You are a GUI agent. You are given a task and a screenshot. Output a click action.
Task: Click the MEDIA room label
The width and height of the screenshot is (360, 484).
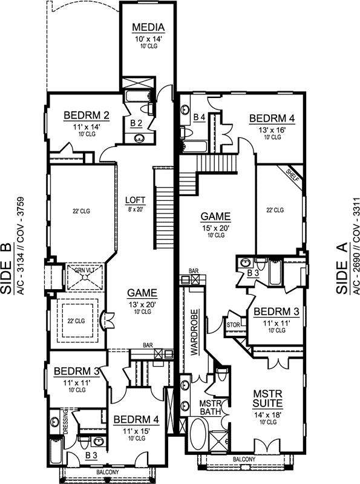[145, 27]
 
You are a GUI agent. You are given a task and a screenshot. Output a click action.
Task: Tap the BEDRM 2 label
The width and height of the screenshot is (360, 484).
[86, 116]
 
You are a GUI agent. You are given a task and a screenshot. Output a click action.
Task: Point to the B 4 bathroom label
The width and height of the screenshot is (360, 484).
[199, 116]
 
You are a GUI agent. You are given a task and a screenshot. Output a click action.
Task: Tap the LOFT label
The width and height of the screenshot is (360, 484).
[135, 200]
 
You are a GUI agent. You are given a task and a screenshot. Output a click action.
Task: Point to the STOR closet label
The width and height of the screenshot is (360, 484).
[234, 325]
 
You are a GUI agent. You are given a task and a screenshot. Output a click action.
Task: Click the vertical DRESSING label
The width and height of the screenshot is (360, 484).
[64, 422]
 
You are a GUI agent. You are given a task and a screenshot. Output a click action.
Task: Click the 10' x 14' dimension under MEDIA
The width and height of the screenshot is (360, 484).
[145, 39]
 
